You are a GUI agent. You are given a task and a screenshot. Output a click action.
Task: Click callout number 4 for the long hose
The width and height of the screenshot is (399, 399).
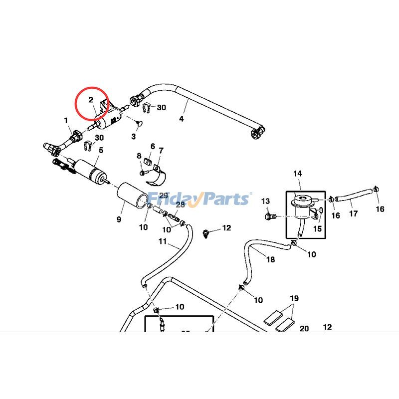coord(182,119)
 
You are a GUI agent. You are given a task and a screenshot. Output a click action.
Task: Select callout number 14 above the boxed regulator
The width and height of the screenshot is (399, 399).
coord(298,174)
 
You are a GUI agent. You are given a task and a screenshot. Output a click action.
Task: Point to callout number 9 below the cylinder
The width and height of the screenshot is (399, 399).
coord(119,219)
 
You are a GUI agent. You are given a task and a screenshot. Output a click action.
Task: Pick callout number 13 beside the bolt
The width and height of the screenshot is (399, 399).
coord(265,201)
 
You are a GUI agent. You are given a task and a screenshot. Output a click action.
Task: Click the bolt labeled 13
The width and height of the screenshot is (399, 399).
coord(271,216)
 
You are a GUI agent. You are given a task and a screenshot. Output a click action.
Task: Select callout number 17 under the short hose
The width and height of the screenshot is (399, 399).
coord(353,214)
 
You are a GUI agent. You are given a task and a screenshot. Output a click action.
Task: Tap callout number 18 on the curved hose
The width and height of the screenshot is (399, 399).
coord(270,260)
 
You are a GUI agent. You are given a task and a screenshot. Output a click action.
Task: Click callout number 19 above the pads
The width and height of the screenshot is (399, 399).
coord(294,299)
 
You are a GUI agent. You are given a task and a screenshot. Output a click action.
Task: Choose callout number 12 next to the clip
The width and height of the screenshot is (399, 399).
coord(226,228)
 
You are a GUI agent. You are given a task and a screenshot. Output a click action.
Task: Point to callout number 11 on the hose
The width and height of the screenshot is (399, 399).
coord(162,242)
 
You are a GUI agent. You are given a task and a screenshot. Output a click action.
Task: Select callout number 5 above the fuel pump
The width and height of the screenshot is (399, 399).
coord(101,150)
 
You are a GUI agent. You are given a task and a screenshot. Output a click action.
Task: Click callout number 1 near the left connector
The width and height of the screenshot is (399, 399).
coord(65,120)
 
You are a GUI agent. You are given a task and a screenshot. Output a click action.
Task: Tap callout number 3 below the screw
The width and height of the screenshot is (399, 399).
coord(134,136)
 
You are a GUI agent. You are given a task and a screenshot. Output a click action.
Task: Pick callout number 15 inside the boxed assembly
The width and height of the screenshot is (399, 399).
coord(318,229)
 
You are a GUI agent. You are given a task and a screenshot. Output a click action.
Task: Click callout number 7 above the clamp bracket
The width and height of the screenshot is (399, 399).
coord(161,150)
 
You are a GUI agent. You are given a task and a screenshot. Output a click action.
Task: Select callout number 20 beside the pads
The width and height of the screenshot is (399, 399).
coord(304,329)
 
